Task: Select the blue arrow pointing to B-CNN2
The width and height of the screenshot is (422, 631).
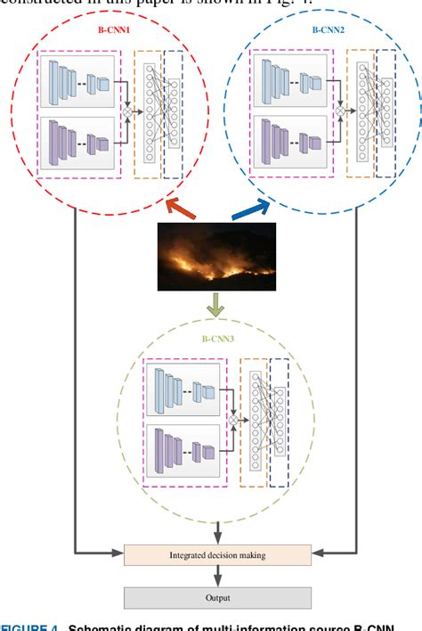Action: coord(252,211)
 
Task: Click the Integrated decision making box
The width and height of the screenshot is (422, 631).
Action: coord(217,555)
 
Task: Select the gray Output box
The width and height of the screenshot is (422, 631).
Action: coord(217,598)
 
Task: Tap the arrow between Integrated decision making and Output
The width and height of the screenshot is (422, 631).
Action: coord(217,577)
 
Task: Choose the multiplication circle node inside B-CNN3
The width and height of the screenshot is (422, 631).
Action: coord(235,418)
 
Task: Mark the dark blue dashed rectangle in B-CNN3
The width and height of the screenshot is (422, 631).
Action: coord(279,422)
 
